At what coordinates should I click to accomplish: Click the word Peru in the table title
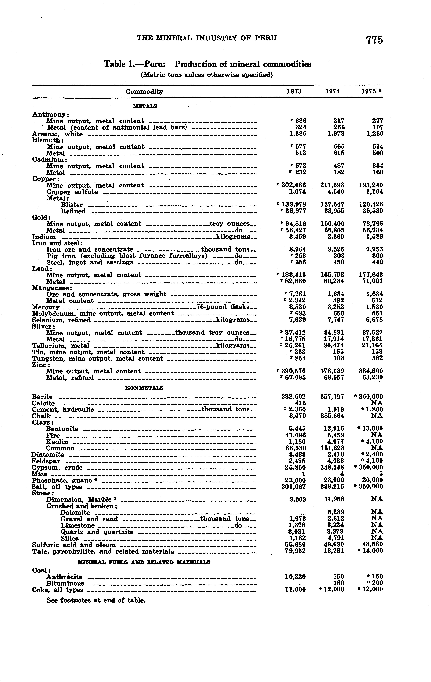click(x=155, y=64)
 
